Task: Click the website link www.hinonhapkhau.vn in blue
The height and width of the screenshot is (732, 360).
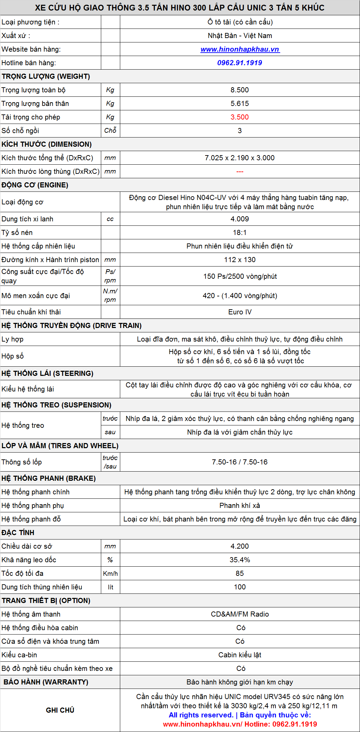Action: [240, 49]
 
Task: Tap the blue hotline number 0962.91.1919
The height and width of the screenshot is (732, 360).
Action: [239, 63]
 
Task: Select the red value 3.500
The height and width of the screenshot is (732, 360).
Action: [239, 117]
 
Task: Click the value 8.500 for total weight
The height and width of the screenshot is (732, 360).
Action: [239, 90]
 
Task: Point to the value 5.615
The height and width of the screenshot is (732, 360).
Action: [239, 104]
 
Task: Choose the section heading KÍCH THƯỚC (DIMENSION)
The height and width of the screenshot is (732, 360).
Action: [47, 144]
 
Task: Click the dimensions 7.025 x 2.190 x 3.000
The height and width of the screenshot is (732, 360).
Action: [239, 158]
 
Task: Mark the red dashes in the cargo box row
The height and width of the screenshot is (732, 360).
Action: [240, 171]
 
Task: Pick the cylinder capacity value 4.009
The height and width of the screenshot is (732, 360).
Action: [239, 219]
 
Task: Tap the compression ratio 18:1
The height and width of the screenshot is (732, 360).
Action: [239, 233]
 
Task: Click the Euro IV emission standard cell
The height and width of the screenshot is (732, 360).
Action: [240, 312]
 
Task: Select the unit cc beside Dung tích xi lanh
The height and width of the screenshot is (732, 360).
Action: [110, 219]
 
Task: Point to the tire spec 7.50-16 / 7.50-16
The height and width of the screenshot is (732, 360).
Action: [239, 462]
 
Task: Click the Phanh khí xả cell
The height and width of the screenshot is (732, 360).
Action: [239, 506]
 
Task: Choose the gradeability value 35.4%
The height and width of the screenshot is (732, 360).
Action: [239, 560]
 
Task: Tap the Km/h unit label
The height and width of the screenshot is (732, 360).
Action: [110, 573]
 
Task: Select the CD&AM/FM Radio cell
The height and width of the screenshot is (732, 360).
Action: [239, 614]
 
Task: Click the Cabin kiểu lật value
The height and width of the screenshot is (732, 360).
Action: [239, 655]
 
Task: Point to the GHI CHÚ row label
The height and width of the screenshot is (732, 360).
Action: [60, 710]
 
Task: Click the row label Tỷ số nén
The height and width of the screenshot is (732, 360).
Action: [17, 233]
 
